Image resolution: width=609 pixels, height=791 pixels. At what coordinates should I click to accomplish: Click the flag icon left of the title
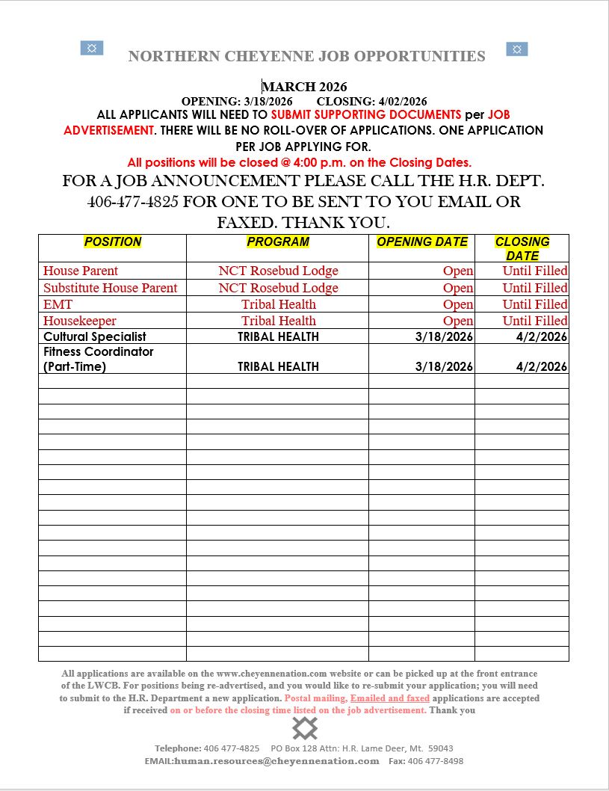pyautogui.click(x=92, y=49)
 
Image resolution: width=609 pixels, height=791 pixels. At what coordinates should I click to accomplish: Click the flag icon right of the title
pyautogui.click(x=517, y=49)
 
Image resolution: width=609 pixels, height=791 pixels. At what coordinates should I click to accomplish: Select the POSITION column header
pyautogui.click(x=113, y=242)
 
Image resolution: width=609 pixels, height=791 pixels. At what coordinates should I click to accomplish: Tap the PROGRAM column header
pyautogui.click(x=278, y=242)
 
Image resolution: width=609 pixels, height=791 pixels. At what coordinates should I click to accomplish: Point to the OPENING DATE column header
pyautogui.click(x=422, y=242)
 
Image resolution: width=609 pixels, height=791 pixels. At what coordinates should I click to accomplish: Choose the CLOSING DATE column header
pyautogui.click(x=522, y=248)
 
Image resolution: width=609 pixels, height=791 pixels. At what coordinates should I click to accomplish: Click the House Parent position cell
pyautogui.click(x=81, y=271)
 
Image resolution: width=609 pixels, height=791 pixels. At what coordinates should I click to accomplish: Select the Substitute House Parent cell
pyautogui.click(x=111, y=288)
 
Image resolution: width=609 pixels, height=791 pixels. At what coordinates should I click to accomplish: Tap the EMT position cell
pyautogui.click(x=58, y=304)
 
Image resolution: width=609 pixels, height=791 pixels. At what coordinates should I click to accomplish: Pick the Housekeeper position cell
pyautogui.click(x=80, y=321)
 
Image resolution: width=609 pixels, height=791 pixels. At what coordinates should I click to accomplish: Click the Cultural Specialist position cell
pyautogui.click(x=95, y=336)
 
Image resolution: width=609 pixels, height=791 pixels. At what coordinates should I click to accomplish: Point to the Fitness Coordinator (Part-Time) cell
pyautogui.click(x=99, y=359)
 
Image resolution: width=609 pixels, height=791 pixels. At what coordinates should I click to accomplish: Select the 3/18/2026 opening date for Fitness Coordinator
pyautogui.click(x=444, y=366)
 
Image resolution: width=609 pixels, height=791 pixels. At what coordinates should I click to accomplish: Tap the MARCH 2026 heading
pyautogui.click(x=304, y=87)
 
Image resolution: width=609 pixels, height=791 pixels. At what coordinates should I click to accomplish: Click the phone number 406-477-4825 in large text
pyautogui.click(x=132, y=202)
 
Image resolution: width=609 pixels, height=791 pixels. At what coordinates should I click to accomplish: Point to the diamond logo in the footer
pyautogui.click(x=305, y=727)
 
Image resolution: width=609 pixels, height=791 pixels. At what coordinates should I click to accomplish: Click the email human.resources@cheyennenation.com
pyautogui.click(x=276, y=761)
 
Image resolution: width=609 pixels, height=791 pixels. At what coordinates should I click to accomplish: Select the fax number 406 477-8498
pyautogui.click(x=436, y=761)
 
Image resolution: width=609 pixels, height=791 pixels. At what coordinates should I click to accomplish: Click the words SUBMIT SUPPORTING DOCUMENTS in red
pyautogui.click(x=366, y=115)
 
